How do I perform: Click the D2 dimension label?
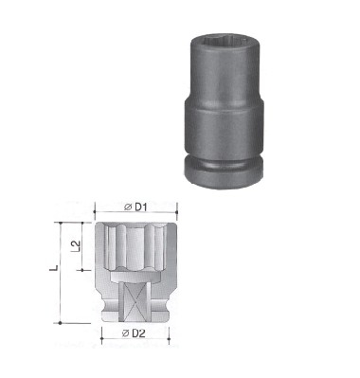tap(138, 333)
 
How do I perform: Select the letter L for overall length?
tap(55, 268)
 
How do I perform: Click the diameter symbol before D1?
tap(128, 207)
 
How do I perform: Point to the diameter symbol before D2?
tap(126, 333)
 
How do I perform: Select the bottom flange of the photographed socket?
tap(224, 174)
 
